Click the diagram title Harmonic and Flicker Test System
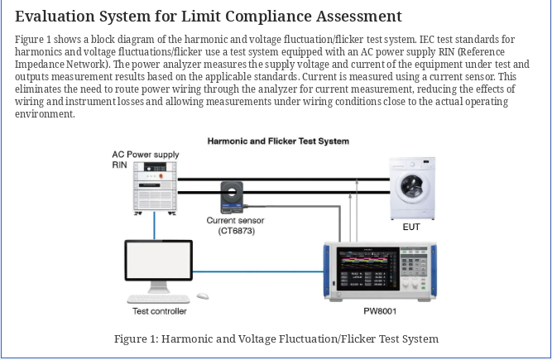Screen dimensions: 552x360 278,142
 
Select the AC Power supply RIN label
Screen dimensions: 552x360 146,160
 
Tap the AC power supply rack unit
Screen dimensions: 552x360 155,188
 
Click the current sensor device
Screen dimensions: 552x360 232,197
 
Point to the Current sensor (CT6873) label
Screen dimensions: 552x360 236,226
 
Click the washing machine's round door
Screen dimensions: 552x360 412,188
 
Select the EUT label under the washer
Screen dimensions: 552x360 411,227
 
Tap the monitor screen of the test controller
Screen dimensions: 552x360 158,261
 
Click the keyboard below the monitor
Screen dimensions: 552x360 158,299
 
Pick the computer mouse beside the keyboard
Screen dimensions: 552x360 203,296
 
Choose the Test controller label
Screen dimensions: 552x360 160,311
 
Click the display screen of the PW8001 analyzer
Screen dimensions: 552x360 368,269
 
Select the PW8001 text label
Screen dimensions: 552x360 380,311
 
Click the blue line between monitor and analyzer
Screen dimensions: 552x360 258,271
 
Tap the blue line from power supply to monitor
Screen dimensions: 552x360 154,226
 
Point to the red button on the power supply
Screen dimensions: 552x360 161,176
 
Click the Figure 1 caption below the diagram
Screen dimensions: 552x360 276,338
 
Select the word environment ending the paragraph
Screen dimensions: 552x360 45,114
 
